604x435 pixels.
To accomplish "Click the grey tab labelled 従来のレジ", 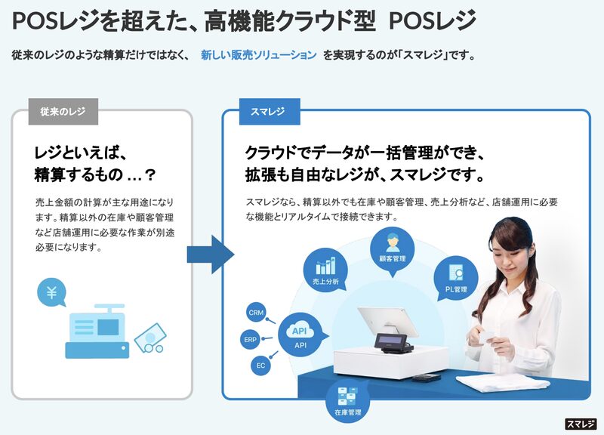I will [63, 112].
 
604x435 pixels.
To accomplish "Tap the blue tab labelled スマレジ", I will [268, 112].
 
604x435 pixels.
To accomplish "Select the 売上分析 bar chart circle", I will [325, 270].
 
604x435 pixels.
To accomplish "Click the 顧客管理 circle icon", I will [393, 247].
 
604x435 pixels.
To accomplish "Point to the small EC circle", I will [260, 366].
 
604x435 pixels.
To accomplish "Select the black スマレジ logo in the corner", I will [581, 424].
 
